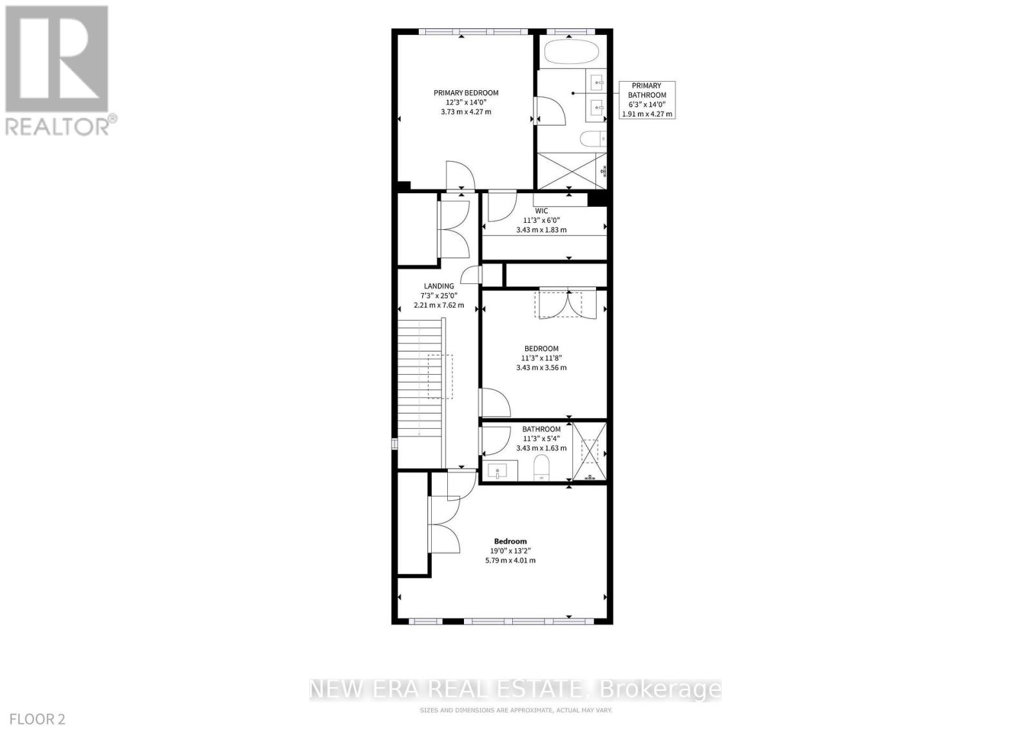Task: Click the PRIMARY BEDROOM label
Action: (x=466, y=93)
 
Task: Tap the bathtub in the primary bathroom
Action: (x=571, y=53)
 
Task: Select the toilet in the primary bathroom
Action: (x=593, y=138)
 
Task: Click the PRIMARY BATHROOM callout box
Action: (x=647, y=100)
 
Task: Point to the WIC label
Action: (x=541, y=211)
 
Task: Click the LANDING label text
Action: (x=439, y=286)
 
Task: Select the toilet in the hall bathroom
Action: (x=541, y=468)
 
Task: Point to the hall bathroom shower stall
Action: (x=589, y=451)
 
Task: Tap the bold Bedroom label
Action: (x=510, y=542)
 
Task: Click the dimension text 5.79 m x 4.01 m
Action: (x=510, y=561)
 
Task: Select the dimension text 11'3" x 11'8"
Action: (x=541, y=358)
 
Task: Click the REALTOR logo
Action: (x=59, y=71)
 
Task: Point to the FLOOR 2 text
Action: (x=37, y=719)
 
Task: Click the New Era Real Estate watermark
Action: (x=515, y=690)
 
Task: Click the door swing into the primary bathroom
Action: (x=551, y=110)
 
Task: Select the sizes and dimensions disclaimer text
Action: (x=516, y=710)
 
